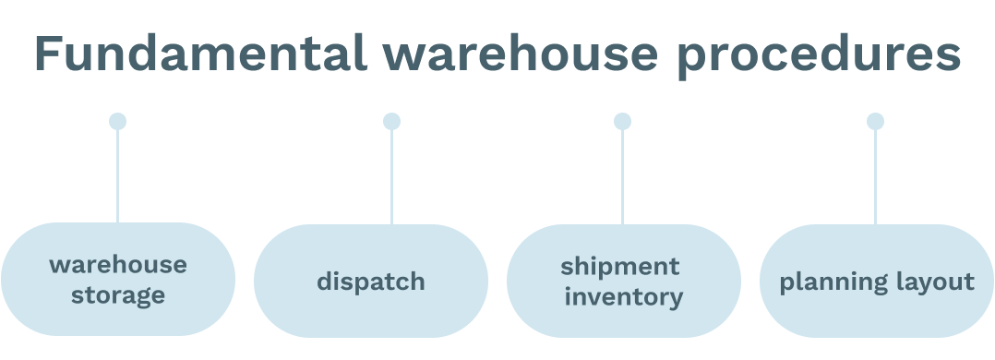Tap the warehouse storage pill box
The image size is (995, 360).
click(118, 280)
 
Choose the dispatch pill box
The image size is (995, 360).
click(370, 281)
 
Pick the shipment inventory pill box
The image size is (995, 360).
click(623, 281)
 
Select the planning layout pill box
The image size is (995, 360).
click(876, 281)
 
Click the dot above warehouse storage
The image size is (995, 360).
click(117, 121)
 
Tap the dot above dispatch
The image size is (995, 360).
click(391, 121)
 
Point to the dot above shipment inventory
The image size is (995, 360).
click(622, 121)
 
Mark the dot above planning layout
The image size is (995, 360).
click(875, 121)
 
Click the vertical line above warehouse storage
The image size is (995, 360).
click(117, 175)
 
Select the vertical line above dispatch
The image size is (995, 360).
click(391, 175)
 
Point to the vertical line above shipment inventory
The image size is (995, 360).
click(622, 175)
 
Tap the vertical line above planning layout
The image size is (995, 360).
click(875, 175)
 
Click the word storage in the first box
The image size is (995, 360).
click(118, 296)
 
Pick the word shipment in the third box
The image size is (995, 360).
click(620, 266)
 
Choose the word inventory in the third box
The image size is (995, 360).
click(624, 296)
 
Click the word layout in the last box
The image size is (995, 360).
click(930, 282)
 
